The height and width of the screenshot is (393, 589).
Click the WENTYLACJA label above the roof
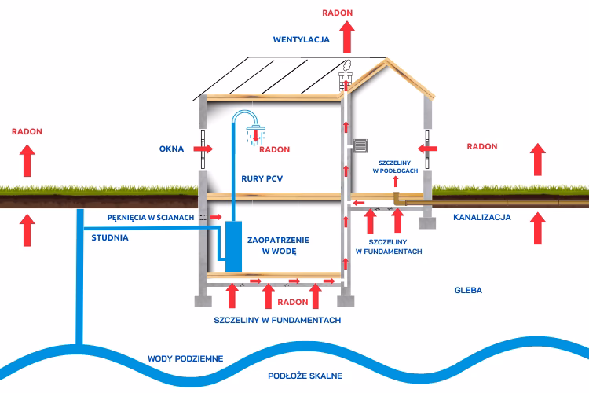(x=301, y=39)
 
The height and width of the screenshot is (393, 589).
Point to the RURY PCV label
(x=263, y=178)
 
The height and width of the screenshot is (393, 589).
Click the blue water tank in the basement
(x=234, y=247)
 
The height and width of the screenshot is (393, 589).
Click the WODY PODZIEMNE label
(x=185, y=358)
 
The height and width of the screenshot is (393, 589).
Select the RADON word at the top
(x=337, y=13)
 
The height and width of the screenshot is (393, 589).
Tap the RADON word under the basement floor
(x=293, y=302)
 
